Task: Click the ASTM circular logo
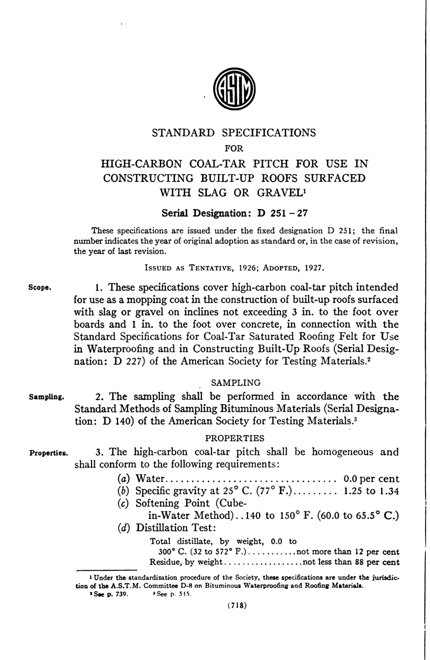pyautogui.click(x=234, y=89)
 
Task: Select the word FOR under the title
pyautogui.click(x=234, y=148)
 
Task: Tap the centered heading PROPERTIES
pyautogui.click(x=234, y=438)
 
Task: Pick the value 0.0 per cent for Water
pyautogui.click(x=371, y=479)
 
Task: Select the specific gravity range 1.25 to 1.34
pyautogui.click(x=372, y=491)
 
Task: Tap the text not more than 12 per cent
pyautogui.click(x=347, y=552)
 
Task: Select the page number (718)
pyautogui.click(x=237, y=606)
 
